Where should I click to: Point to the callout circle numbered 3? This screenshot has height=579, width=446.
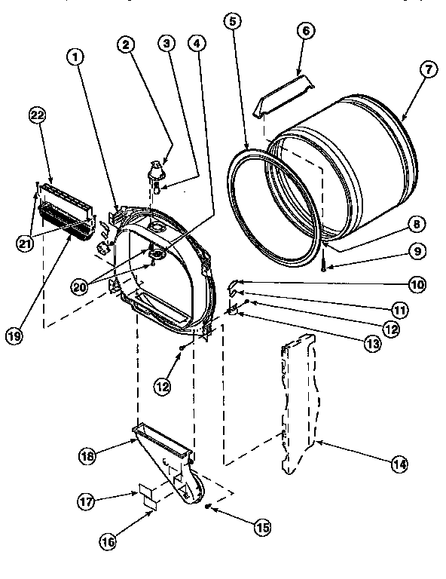(x=163, y=43)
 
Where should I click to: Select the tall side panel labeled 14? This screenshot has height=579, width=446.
(x=300, y=407)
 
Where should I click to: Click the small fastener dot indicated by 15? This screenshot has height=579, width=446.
(x=207, y=507)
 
